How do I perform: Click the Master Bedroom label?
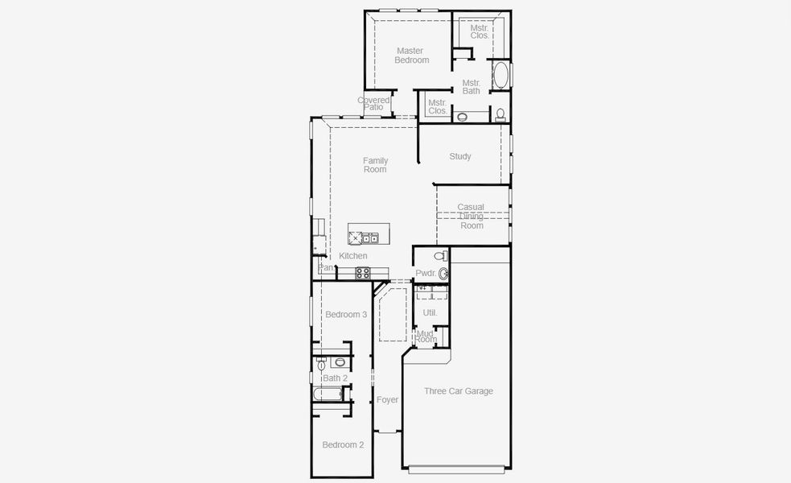click(411, 56)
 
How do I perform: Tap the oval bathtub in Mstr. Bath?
click(501, 76)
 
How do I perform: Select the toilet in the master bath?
click(501, 114)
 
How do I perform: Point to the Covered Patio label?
click(373, 103)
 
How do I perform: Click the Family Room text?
click(375, 165)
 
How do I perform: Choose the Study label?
click(460, 156)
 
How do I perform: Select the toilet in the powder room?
click(440, 256)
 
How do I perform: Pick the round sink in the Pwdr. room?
click(443, 274)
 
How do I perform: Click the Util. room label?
click(430, 312)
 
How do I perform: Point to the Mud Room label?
click(426, 336)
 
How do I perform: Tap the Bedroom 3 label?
click(346, 314)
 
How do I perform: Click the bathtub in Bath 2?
click(327, 394)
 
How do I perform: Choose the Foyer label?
click(388, 399)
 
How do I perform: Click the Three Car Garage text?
click(459, 391)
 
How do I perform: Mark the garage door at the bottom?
click(459, 469)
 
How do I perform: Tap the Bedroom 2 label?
click(344, 444)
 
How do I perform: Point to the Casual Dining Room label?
click(472, 216)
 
